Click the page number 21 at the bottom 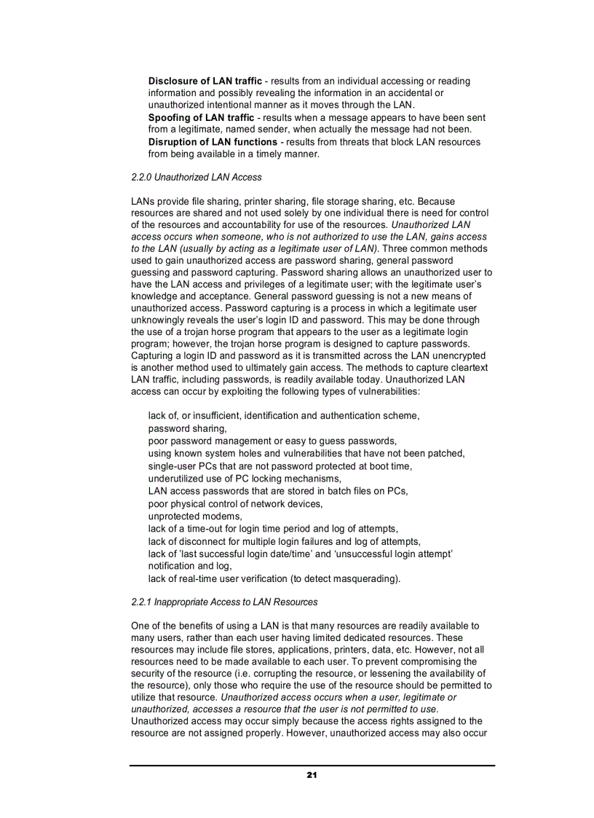[312, 774]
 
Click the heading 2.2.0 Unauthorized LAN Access [197, 177]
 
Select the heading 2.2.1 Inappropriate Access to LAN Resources [224, 602]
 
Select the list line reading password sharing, [187, 429]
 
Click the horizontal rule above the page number [312, 766]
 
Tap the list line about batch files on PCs [278, 491]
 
